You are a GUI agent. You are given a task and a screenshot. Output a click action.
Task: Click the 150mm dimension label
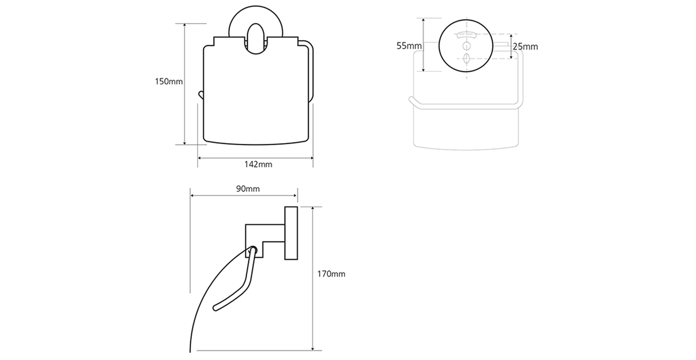[x=169, y=82]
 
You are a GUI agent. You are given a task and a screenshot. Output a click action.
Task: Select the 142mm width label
[x=258, y=165]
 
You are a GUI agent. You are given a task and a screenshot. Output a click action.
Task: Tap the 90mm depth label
[x=248, y=189]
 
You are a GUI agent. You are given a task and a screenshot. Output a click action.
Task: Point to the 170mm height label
[x=331, y=274]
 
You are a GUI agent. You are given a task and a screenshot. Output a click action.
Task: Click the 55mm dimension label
[x=409, y=45]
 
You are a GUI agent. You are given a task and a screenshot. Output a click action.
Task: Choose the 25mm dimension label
[x=525, y=46]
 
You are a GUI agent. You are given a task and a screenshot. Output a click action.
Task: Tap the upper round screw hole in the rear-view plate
[x=466, y=45]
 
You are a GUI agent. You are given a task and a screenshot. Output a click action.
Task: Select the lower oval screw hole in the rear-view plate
[x=466, y=58]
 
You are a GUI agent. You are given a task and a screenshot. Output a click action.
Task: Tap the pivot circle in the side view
[x=253, y=250]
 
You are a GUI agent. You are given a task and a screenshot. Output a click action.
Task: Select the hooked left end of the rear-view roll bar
[x=411, y=100]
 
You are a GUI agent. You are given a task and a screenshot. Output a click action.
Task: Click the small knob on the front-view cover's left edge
[x=201, y=95]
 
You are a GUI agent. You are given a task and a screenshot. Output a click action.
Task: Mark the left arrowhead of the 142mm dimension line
[x=200, y=158]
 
